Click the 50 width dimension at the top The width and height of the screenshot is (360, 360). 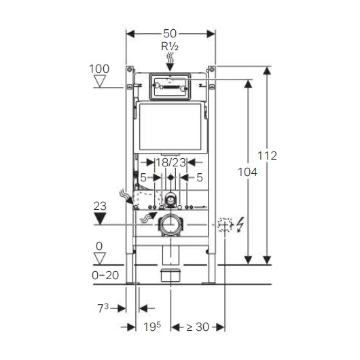coord(170,34)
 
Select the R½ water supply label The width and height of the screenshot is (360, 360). coord(170,47)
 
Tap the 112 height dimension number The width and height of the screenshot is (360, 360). coord(267,156)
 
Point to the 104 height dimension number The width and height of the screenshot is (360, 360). coord(247,172)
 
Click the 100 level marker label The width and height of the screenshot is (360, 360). coord(99,69)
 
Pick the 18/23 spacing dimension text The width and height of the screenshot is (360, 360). coord(170,163)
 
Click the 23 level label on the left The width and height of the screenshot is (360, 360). coord(100,206)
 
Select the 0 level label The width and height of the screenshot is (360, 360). coord(99,246)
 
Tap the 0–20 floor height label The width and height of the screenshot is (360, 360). coord(105,275)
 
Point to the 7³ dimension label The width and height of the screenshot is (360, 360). coord(103,308)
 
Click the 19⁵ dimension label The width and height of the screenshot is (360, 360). coord(152,327)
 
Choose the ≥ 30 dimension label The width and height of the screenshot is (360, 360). coord(198,327)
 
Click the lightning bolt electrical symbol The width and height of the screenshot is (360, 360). coord(240,224)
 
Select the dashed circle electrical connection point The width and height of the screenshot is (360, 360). coord(225,224)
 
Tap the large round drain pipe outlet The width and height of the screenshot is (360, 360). coord(170,224)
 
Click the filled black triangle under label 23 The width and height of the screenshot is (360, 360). coord(101,219)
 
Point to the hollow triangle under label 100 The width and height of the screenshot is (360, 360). coord(100,82)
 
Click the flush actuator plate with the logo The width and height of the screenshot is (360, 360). coord(170,86)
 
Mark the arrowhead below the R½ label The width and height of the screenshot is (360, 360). coord(170,67)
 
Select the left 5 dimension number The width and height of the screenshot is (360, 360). coord(143,177)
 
